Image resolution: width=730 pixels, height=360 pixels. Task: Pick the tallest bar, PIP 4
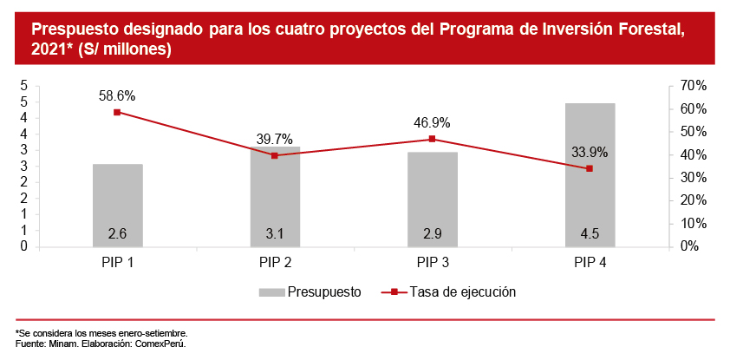coord(590,174)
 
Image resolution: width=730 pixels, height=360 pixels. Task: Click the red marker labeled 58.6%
coord(117,112)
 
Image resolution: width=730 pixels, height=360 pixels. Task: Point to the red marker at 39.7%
coord(275,155)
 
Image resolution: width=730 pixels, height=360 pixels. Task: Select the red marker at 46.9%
coord(433,139)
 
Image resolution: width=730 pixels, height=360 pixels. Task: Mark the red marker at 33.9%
coord(590,168)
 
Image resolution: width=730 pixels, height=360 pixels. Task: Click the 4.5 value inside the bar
coord(590,233)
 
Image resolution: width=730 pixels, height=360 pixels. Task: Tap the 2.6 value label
coord(117,233)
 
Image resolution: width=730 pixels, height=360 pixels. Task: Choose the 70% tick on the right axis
coord(694,86)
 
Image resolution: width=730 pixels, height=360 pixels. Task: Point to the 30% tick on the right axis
coord(694,178)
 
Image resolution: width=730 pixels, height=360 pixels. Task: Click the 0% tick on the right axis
coord(691,246)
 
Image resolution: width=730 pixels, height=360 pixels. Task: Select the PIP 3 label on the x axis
coord(433,261)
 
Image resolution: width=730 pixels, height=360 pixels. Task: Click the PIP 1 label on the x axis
coord(117,261)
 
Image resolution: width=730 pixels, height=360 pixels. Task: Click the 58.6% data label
coord(117,96)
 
